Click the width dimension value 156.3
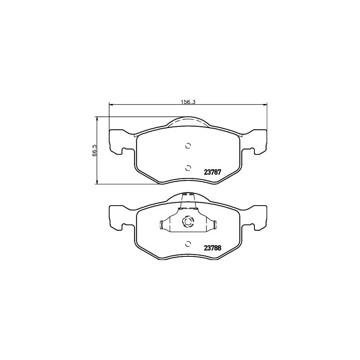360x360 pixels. pyautogui.click(x=188, y=102)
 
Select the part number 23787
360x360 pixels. pyautogui.click(x=212, y=172)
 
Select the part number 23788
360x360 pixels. pyautogui.click(x=212, y=248)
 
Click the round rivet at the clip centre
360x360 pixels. pyautogui.click(x=188, y=222)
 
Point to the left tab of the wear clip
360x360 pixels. pyautogui.click(x=162, y=226)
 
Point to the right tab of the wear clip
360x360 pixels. pyautogui.click(x=214, y=226)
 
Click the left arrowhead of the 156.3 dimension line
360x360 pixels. pyautogui.click(x=111, y=105)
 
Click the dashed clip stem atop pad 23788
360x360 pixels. pyautogui.click(x=187, y=200)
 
